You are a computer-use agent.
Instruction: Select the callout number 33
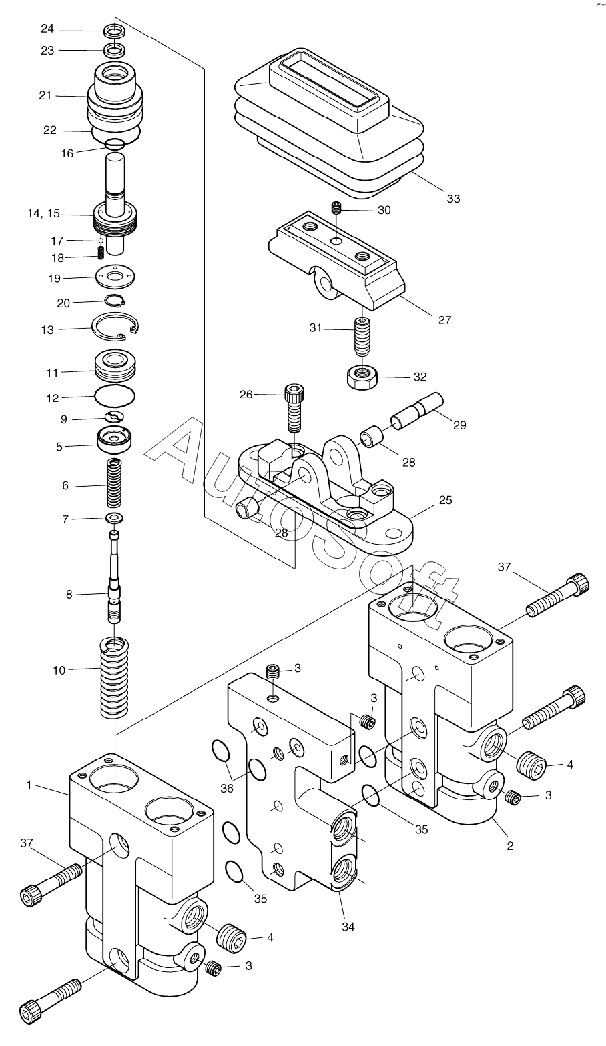click(x=453, y=199)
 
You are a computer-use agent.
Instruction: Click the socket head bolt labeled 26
click(x=293, y=407)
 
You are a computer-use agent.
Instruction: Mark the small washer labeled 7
click(x=115, y=517)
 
